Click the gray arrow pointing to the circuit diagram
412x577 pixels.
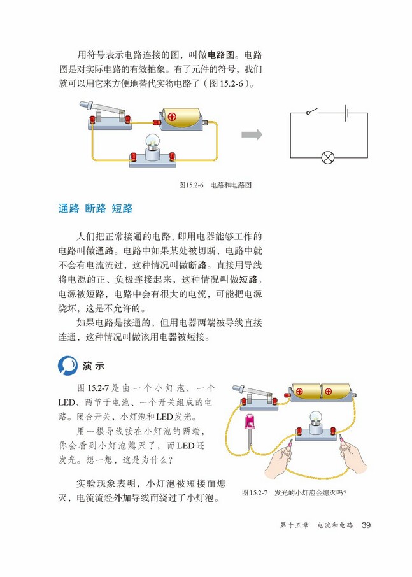(x=252, y=134)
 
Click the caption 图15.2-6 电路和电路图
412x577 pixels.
(x=216, y=185)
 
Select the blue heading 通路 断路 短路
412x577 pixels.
(x=96, y=208)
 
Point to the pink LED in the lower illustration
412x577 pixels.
(x=248, y=422)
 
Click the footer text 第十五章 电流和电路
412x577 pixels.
(x=316, y=525)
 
